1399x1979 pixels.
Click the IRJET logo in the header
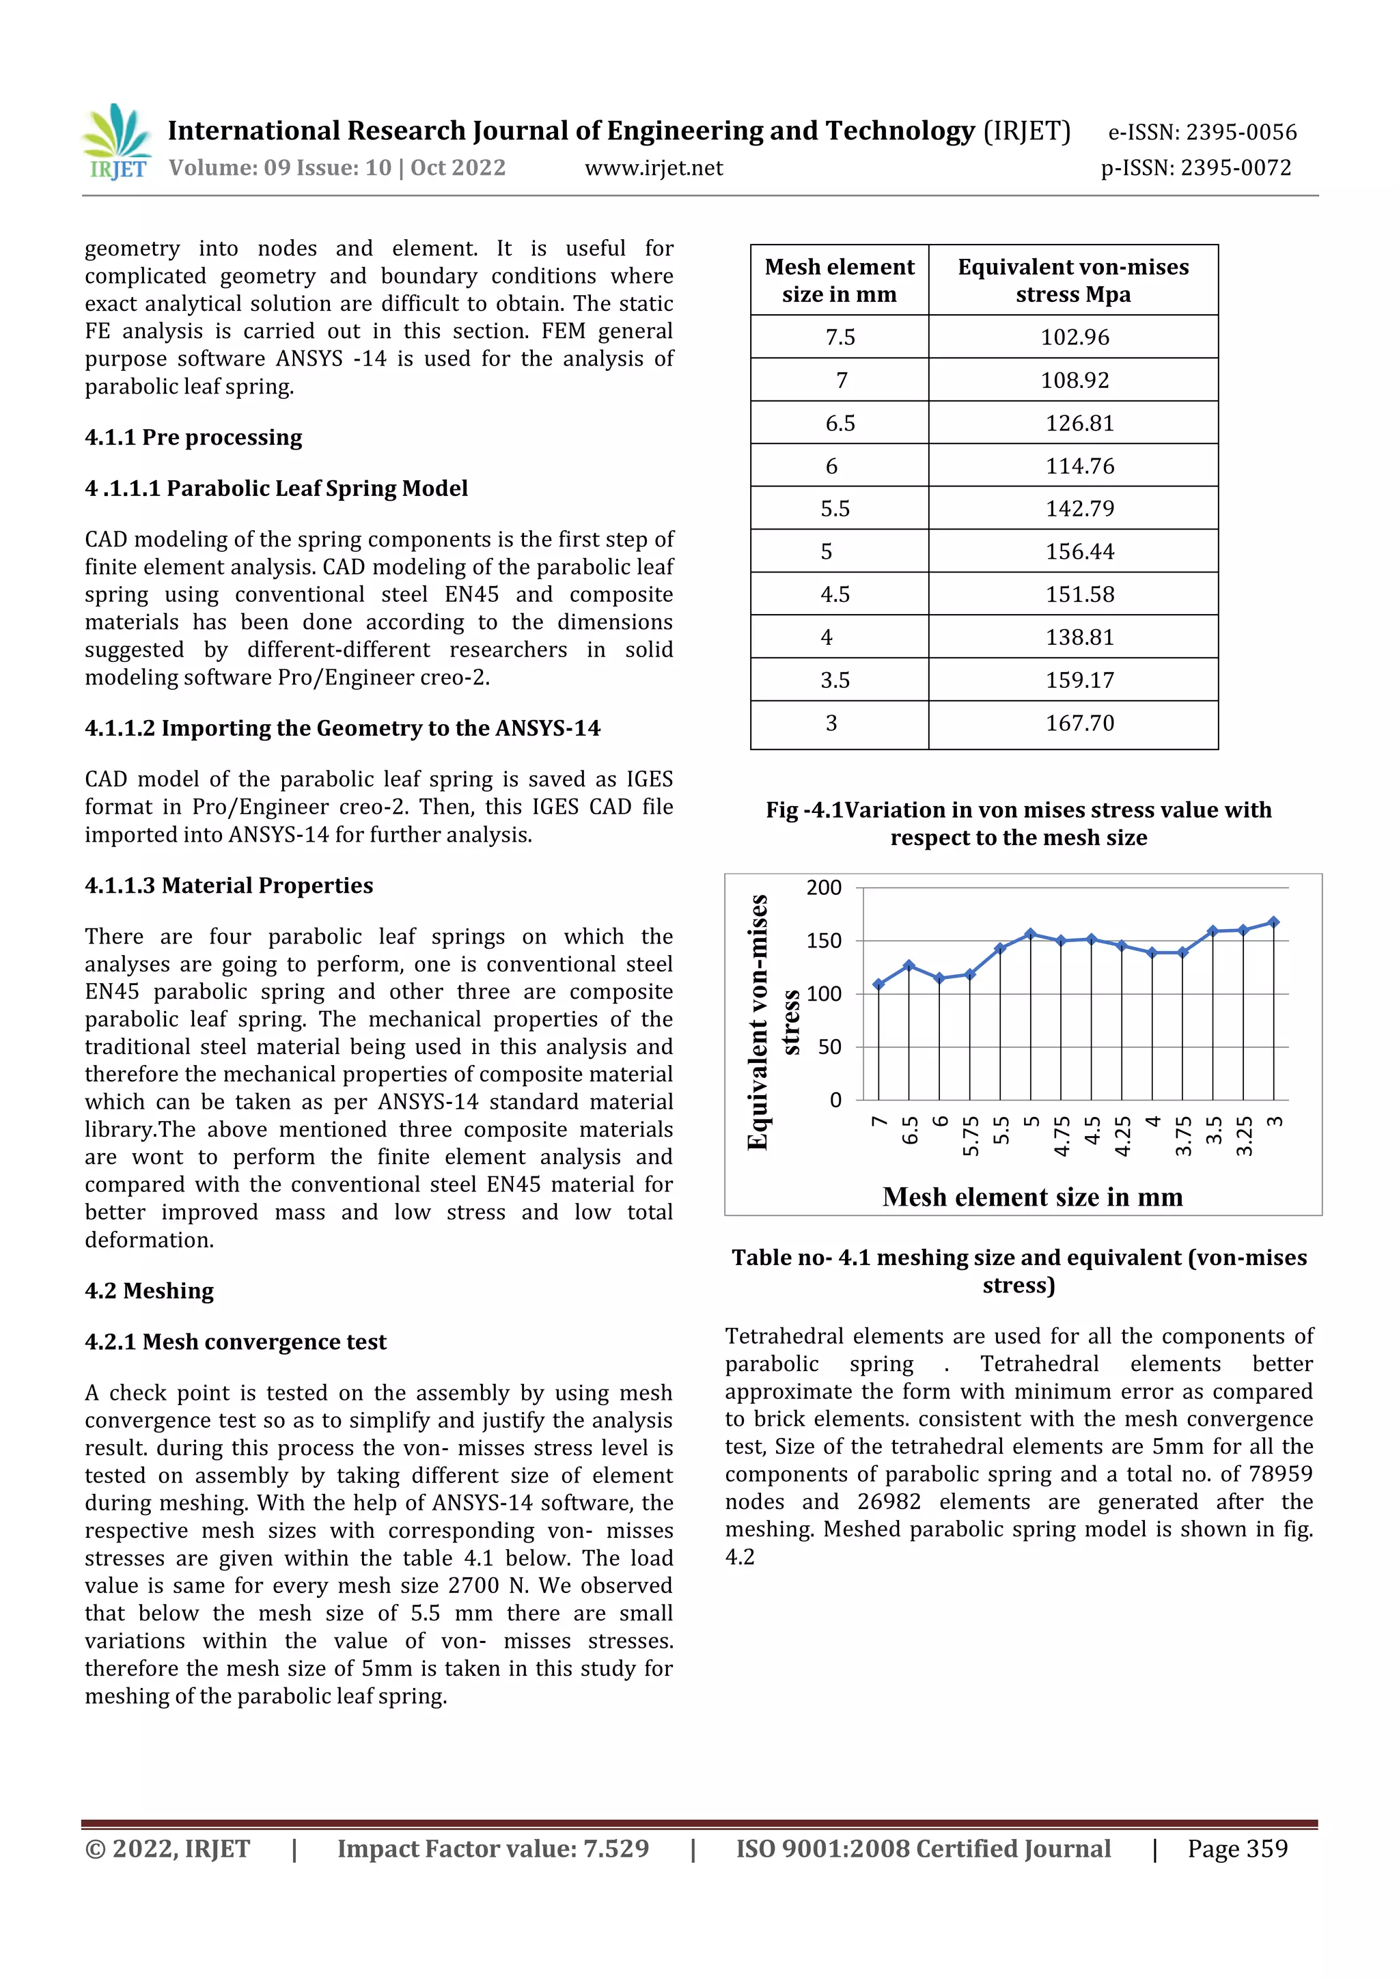(117, 142)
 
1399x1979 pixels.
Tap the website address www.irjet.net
(653, 168)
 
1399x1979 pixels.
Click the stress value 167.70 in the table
(1079, 723)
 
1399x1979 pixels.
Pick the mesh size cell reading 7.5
(840, 337)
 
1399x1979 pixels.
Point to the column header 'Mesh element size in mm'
(840, 280)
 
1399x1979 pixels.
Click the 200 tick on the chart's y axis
(823, 888)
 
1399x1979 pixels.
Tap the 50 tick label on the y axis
(829, 1047)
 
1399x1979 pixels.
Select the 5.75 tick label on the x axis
(971, 1136)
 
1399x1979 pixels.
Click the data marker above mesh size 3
(1274, 922)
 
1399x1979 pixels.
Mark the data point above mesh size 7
(878, 984)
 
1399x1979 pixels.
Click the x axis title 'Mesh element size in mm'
(1031, 1198)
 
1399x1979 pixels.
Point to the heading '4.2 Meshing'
(149, 1291)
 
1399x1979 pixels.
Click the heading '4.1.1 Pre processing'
(193, 438)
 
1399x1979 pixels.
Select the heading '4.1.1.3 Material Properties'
(228, 886)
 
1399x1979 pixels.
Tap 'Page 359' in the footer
(1237, 1849)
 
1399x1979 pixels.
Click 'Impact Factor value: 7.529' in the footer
(493, 1849)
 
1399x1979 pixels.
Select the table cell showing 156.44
(1079, 552)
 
